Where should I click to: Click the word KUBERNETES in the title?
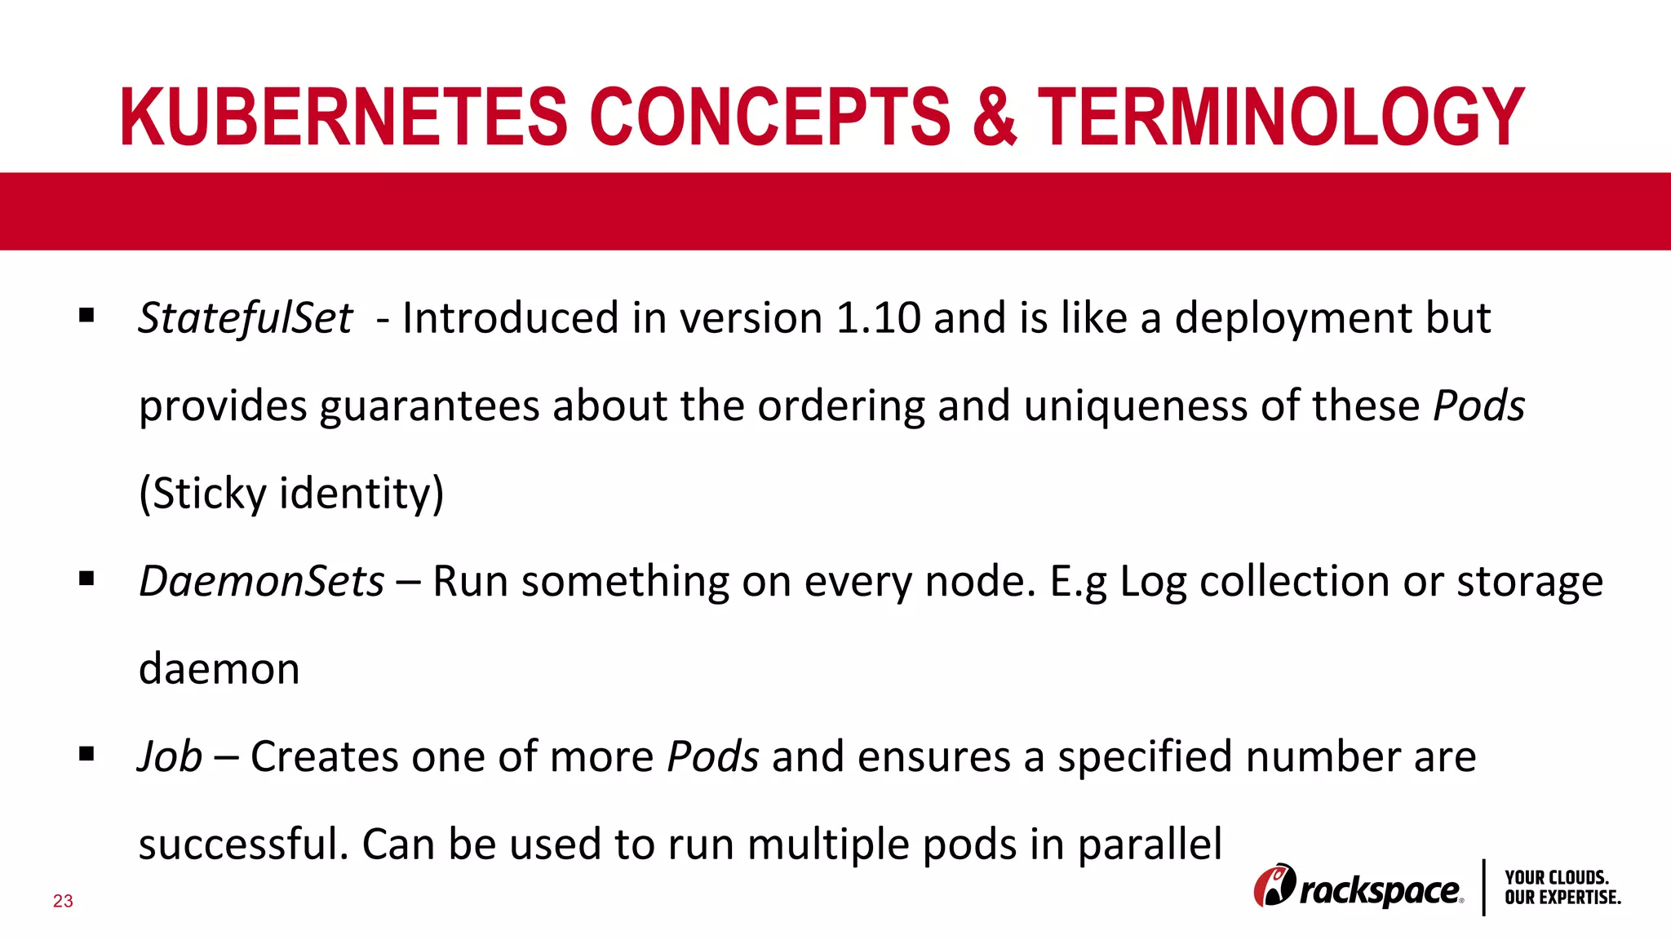[x=343, y=117]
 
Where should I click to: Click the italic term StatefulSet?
[x=245, y=318]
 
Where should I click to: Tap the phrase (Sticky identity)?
[x=291, y=494]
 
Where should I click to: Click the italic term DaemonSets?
[x=261, y=582]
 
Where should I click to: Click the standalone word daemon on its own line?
[x=219, y=669]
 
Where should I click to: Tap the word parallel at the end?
[x=1150, y=845]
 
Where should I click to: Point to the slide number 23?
[x=63, y=901]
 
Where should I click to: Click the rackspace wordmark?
[x=1381, y=890]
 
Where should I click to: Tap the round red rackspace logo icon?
[x=1274, y=886]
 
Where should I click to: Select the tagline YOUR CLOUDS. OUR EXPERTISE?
[x=1562, y=888]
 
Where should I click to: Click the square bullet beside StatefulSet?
[x=86, y=315]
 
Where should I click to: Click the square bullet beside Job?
[x=86, y=754]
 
